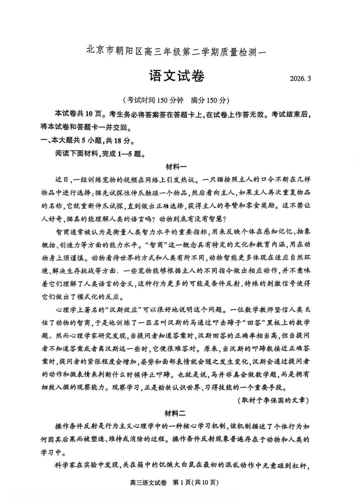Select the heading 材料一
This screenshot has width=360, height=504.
tap(176, 167)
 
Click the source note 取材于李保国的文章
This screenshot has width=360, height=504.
tap(273, 400)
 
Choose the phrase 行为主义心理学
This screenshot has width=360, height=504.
tap(129, 426)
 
